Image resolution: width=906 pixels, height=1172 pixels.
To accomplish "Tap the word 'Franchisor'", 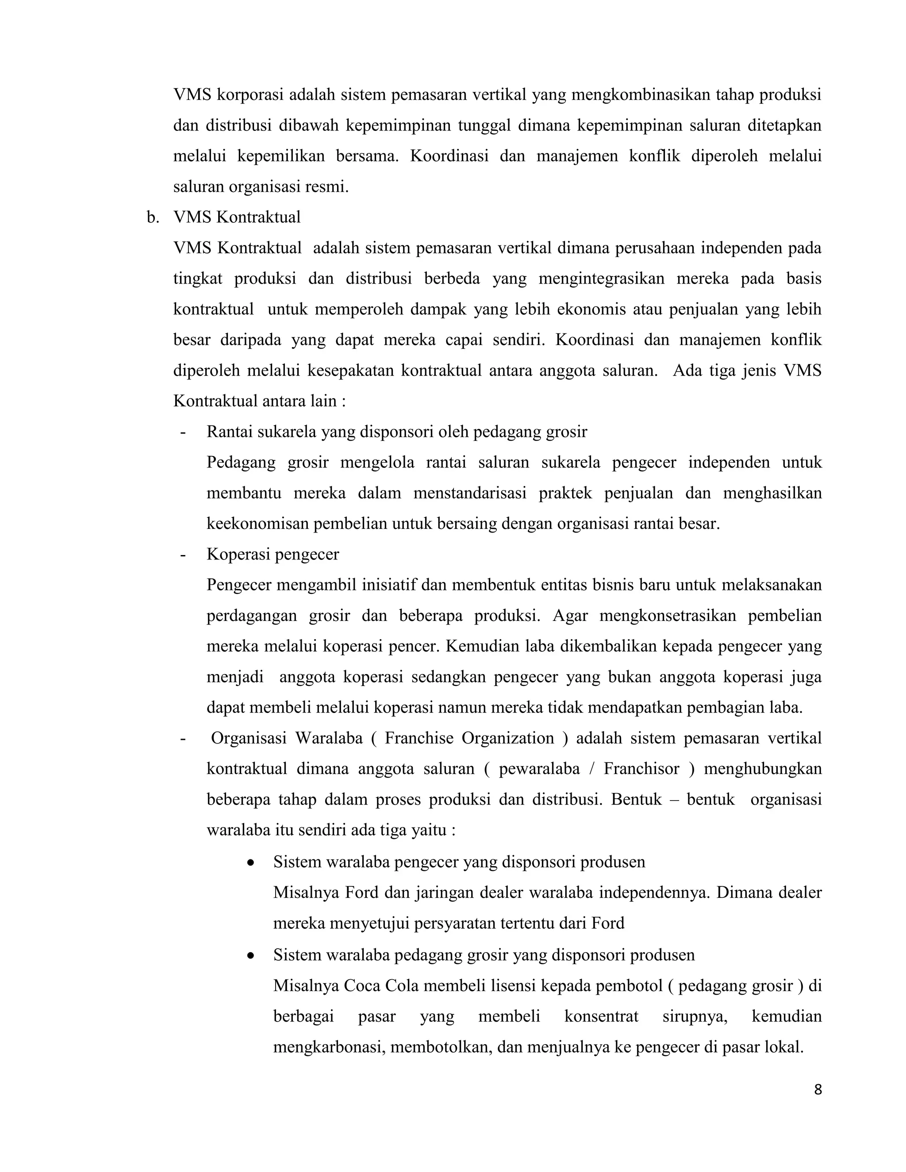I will (x=641, y=769).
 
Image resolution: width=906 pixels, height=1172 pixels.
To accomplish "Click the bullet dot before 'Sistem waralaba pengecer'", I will (x=250, y=863).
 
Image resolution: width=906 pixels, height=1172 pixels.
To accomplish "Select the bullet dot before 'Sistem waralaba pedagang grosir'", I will (x=250, y=956).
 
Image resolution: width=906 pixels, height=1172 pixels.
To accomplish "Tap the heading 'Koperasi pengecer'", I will (x=273, y=554).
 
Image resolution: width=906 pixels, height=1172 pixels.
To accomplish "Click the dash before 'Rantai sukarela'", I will (x=184, y=432).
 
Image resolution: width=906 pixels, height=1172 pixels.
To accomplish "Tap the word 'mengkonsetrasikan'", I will (x=668, y=616).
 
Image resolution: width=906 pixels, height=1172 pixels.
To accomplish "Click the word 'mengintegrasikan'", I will (x=601, y=279).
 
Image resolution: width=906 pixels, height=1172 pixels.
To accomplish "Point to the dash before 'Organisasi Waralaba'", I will (x=184, y=739).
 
